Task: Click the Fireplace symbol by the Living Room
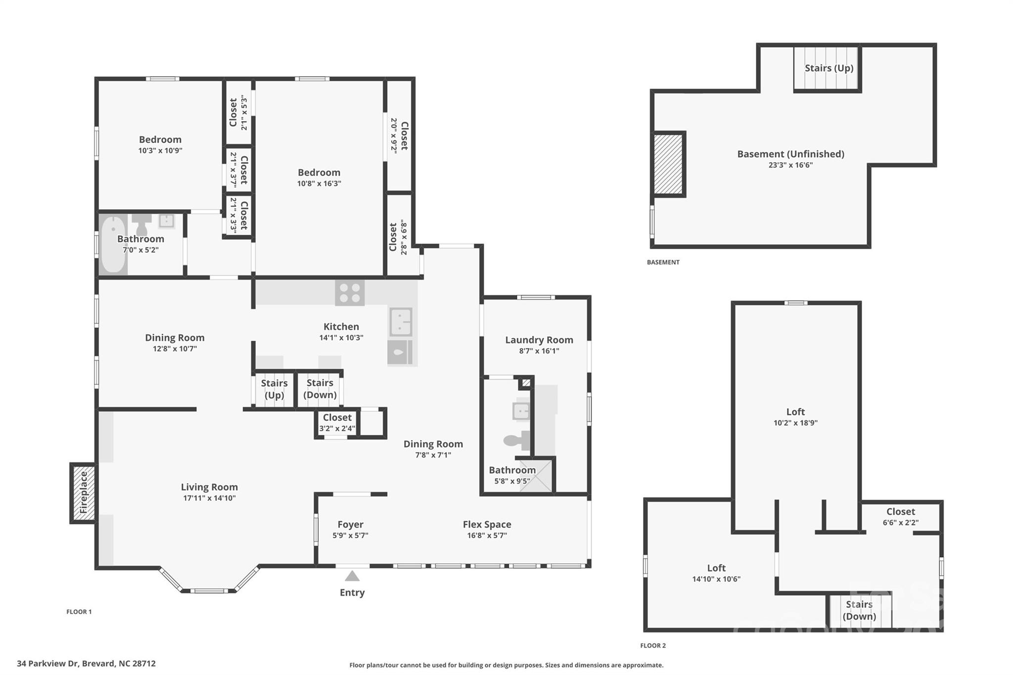(x=83, y=493)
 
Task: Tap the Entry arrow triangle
(x=352, y=576)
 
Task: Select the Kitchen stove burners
(x=350, y=292)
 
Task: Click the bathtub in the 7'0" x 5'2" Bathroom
(x=113, y=244)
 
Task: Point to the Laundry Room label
(x=539, y=340)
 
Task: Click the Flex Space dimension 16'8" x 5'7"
(x=487, y=536)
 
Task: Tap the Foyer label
(x=350, y=524)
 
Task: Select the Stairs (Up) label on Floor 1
(x=274, y=389)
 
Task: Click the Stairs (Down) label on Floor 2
(x=859, y=610)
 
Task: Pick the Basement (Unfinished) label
(x=790, y=154)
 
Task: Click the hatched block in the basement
(x=668, y=164)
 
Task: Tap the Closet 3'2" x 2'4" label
(x=337, y=418)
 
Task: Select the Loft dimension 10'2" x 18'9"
(x=795, y=423)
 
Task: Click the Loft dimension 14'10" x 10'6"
(x=716, y=579)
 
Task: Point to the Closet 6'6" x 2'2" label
(x=900, y=512)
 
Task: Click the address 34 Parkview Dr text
(x=86, y=664)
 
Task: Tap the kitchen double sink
(x=400, y=321)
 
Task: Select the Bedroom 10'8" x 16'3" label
(x=319, y=173)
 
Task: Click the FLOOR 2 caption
(x=653, y=645)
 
